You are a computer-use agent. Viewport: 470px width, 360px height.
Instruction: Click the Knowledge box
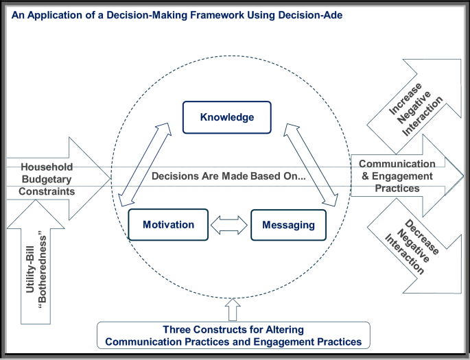227,117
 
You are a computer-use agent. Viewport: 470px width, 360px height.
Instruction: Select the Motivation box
168,225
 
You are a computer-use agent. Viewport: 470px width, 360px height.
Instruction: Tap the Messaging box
287,225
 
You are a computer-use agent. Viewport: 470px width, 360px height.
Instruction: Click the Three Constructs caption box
234,335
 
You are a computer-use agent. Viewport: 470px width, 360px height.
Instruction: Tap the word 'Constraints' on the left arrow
46,191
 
